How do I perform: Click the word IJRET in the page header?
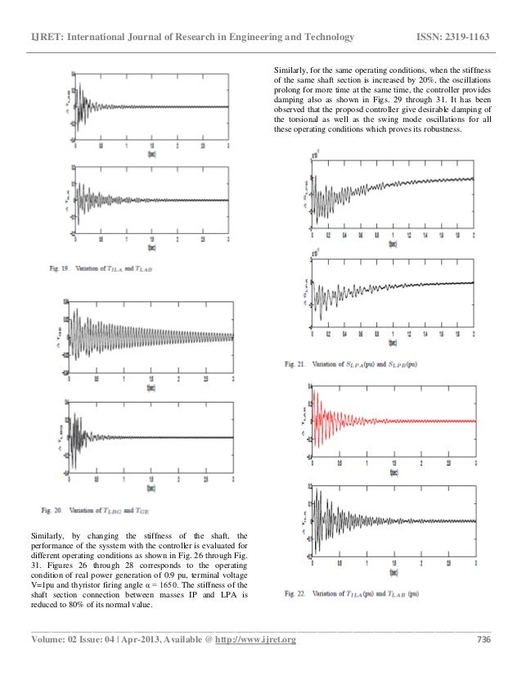tap(43, 38)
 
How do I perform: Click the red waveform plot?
tap(393, 421)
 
